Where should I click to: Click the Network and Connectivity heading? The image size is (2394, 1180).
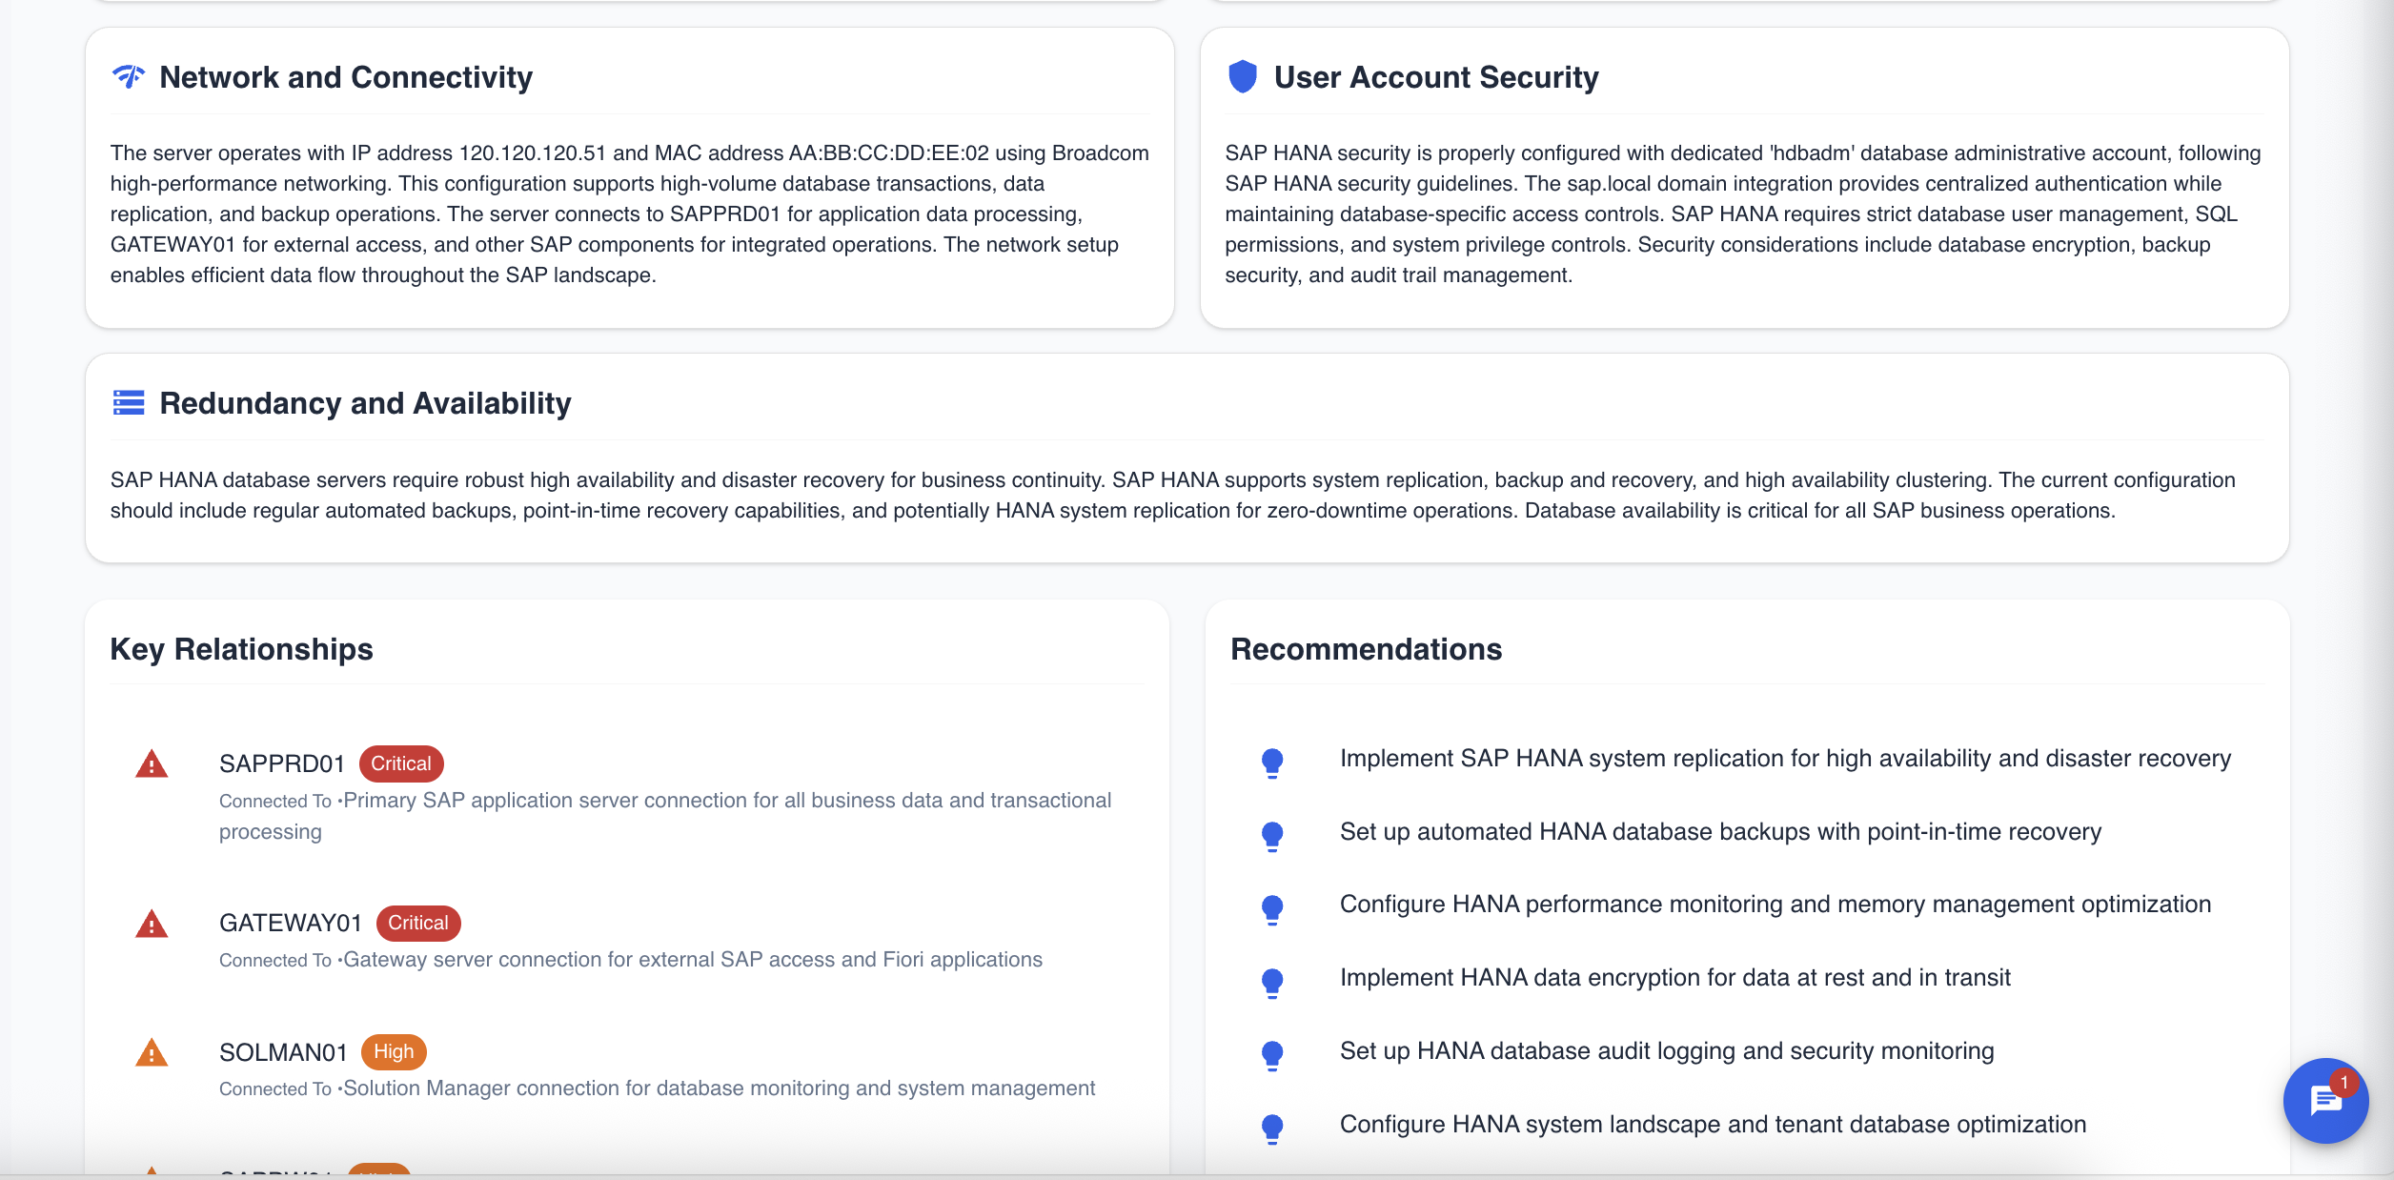point(345,77)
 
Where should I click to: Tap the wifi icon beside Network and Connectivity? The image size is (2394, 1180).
point(129,76)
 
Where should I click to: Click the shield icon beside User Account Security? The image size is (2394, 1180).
point(1243,76)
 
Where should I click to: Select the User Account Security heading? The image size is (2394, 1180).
point(1435,77)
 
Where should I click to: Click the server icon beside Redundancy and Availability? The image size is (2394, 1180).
point(129,403)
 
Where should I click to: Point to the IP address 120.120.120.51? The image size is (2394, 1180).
point(532,153)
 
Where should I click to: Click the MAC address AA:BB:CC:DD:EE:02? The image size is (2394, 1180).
point(888,153)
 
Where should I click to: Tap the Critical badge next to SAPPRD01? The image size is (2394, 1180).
point(400,763)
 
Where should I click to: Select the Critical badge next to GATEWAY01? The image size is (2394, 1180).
point(417,923)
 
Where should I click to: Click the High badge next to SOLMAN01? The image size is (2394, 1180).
point(393,1051)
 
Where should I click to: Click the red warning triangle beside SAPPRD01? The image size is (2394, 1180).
point(152,764)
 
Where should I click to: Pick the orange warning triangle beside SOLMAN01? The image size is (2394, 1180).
point(152,1053)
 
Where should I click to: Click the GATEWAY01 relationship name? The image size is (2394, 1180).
point(291,923)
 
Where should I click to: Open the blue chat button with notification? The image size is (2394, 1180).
point(2323,1102)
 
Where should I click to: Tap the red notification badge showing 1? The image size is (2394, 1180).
point(2343,1083)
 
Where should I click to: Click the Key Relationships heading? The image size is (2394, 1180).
point(241,649)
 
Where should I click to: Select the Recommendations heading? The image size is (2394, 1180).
point(1366,649)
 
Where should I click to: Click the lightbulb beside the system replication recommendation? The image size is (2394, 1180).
point(1272,763)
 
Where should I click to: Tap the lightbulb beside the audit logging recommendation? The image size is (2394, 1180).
point(1272,1055)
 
